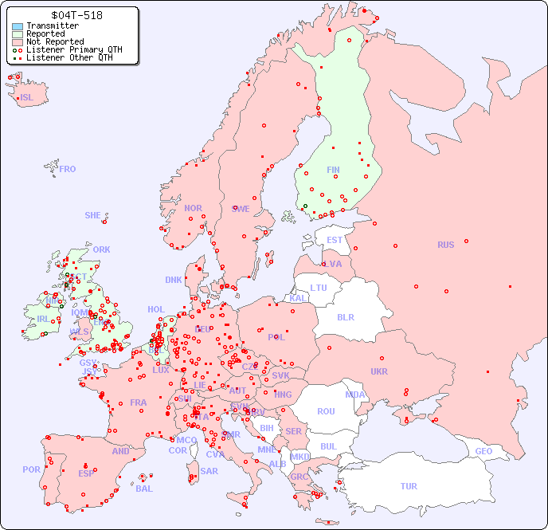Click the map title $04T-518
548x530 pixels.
point(76,15)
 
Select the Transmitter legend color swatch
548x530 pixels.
point(18,26)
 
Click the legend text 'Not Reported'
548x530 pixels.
point(55,41)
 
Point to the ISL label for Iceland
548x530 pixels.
point(27,98)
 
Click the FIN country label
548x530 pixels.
point(333,170)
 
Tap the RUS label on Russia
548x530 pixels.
point(445,245)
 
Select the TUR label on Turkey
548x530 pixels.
point(409,486)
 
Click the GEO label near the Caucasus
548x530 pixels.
point(483,451)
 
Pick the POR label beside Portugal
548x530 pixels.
point(31,469)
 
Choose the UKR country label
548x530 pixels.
point(379,371)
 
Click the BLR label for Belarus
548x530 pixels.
point(346,316)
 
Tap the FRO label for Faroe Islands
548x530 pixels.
point(68,169)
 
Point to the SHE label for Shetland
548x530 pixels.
point(93,215)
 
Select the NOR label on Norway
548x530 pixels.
point(193,208)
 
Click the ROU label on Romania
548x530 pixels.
point(326,411)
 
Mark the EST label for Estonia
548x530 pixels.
point(335,240)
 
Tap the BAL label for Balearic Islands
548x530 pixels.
point(144,489)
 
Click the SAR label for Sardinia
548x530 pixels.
point(209,471)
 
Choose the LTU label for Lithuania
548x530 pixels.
point(319,288)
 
